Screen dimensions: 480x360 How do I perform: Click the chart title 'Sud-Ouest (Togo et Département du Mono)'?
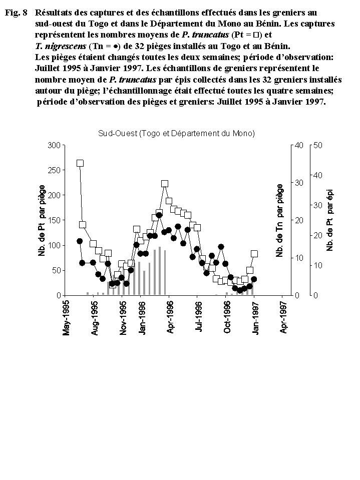coord(176,134)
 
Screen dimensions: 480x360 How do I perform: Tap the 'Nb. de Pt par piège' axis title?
coord(42,221)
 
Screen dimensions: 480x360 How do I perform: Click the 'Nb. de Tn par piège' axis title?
coord(280,221)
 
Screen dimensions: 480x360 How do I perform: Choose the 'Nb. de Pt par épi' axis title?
coord(330,221)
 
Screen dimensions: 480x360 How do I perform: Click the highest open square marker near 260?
coord(80,163)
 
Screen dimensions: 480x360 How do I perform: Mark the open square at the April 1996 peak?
coord(165,184)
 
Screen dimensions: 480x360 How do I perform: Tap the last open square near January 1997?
coord(254,254)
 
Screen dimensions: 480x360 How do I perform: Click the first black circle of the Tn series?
coord(80,241)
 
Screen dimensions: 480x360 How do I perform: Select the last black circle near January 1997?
coord(254,279)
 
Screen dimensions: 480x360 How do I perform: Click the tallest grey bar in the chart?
coord(160,271)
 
